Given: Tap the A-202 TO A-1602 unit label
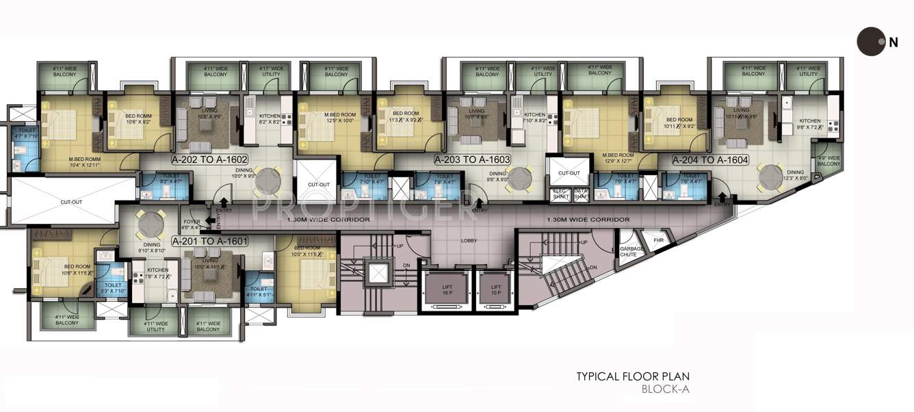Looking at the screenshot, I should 209,159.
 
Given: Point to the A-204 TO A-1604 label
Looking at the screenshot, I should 710,159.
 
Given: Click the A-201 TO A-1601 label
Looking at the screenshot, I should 209,242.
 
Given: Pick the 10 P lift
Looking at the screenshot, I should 496,290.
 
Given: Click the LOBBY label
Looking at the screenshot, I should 469,241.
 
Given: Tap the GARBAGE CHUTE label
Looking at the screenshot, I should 628,252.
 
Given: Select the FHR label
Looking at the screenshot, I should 659,240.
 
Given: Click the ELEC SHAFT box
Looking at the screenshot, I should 560,194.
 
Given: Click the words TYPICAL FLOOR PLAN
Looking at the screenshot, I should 633,376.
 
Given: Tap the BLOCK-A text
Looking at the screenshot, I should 666,390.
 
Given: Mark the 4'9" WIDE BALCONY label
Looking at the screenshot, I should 828,161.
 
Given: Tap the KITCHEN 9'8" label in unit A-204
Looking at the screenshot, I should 810,124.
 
